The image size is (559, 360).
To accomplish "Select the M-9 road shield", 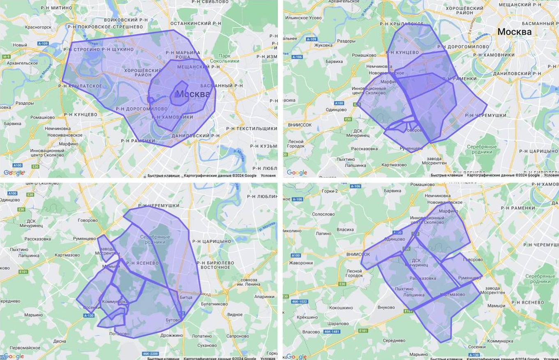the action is point(6,56).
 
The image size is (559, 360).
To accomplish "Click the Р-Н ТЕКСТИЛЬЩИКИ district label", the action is point(252,129).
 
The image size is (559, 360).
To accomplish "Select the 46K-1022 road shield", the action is point(299,302).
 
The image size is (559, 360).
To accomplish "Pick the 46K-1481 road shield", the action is point(332,332).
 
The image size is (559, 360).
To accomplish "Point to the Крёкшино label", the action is point(307,317).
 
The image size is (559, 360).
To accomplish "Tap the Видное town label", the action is point(235,315).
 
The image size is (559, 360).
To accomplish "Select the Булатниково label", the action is point(214,304).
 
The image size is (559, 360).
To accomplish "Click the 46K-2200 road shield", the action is point(151,353).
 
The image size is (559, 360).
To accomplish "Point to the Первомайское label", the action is point(25,348).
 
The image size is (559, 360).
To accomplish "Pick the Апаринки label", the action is point(264,296).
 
